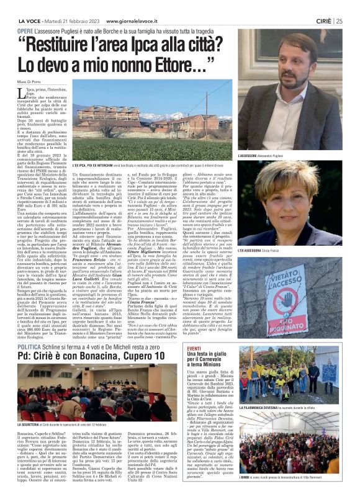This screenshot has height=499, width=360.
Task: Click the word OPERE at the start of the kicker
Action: tap(25, 30)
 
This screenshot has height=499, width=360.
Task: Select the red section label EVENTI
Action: tap(246, 350)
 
